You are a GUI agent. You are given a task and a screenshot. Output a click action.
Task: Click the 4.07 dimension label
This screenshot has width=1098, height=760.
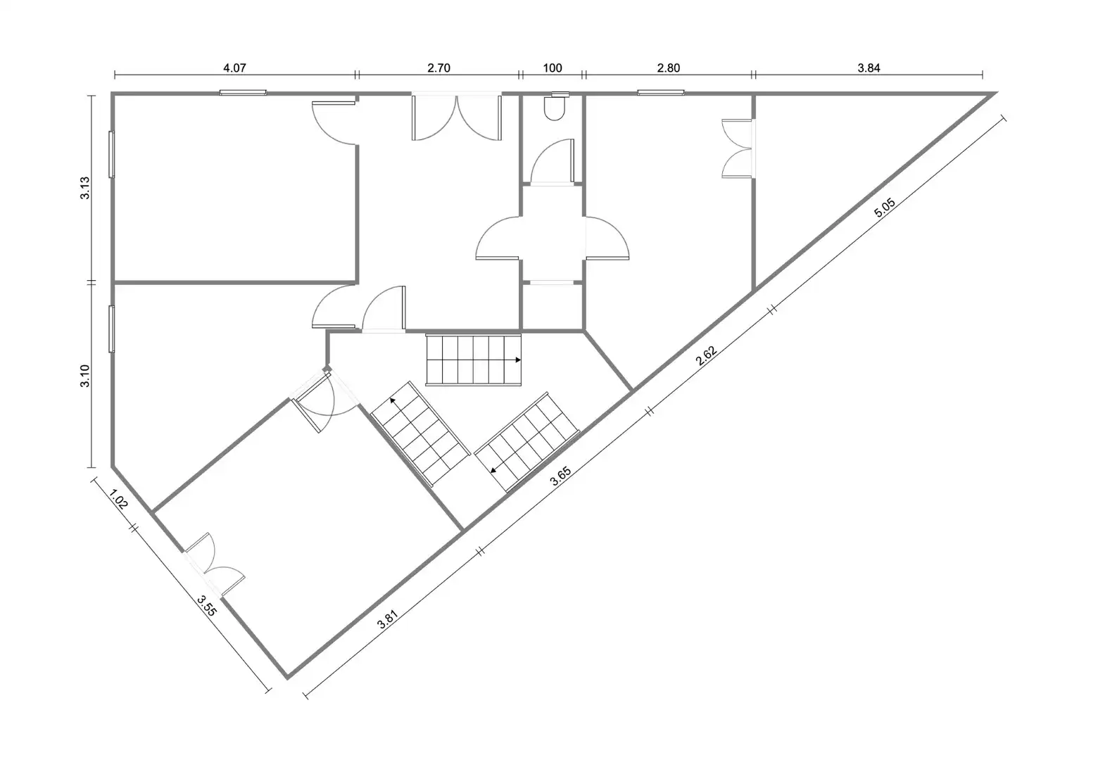pyautogui.click(x=234, y=68)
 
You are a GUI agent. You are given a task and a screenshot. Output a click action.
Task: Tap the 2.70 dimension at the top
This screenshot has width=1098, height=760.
pyautogui.click(x=438, y=68)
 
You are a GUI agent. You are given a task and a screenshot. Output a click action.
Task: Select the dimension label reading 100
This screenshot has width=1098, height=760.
pyautogui.click(x=553, y=68)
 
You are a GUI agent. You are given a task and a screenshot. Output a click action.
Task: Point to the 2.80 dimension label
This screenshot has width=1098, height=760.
pyautogui.click(x=668, y=68)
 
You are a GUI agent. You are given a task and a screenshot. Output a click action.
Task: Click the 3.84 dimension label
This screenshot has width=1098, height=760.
pyautogui.click(x=869, y=68)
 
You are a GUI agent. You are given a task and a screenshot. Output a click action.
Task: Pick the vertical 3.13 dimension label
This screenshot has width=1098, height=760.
pyautogui.click(x=84, y=188)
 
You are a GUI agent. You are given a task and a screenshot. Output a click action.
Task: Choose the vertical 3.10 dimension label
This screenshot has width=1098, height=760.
pyautogui.click(x=84, y=376)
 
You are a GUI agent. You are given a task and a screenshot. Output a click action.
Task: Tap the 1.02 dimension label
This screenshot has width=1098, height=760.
pyautogui.click(x=118, y=499)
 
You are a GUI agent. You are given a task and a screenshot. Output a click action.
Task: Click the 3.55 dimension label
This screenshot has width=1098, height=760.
pyautogui.click(x=206, y=606)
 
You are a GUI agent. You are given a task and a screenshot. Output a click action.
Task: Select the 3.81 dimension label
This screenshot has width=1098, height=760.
pyautogui.click(x=387, y=619)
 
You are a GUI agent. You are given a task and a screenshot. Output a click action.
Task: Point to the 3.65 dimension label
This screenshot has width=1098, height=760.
pyautogui.click(x=560, y=476)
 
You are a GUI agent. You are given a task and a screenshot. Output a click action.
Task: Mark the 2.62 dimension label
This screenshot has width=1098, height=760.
pyautogui.click(x=707, y=356)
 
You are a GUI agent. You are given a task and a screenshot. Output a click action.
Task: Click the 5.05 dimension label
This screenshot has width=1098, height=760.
pyautogui.click(x=885, y=208)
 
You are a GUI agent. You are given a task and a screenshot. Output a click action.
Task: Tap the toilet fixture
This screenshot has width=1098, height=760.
pyautogui.click(x=555, y=106)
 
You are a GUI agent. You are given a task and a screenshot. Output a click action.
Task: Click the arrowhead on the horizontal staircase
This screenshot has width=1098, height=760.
pyautogui.click(x=518, y=360)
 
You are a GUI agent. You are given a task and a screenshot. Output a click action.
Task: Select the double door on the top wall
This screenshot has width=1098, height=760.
pyautogui.click(x=456, y=117)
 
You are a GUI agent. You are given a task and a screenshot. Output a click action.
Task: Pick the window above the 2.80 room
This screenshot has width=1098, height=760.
pyautogui.click(x=661, y=92)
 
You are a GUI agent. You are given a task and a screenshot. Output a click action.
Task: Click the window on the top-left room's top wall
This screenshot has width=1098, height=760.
pyautogui.click(x=243, y=92)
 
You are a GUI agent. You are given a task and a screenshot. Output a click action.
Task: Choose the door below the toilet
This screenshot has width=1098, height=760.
pyautogui.click(x=553, y=162)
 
